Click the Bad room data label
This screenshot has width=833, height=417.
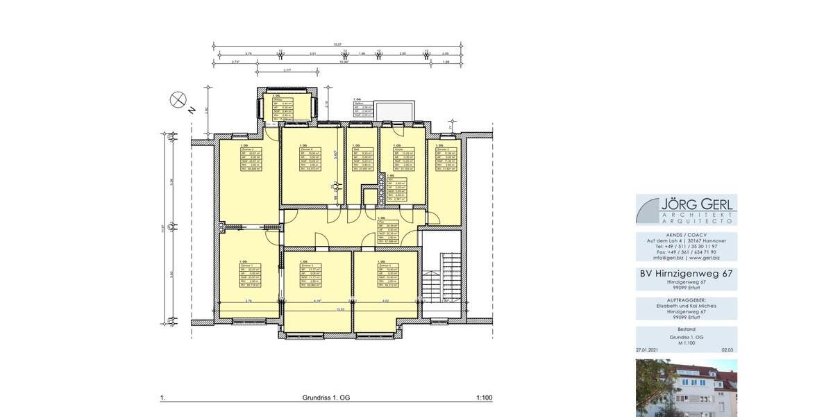[361, 156]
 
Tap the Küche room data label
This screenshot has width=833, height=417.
[396, 156]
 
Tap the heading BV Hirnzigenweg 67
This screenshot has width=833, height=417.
[687, 274]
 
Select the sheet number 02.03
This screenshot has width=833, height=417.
[727, 351]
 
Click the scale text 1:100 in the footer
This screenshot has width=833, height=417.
[484, 398]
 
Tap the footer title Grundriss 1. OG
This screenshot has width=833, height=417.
[326, 398]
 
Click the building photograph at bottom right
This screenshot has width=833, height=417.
[687, 388]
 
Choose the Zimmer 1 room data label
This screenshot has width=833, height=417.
[250, 275]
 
